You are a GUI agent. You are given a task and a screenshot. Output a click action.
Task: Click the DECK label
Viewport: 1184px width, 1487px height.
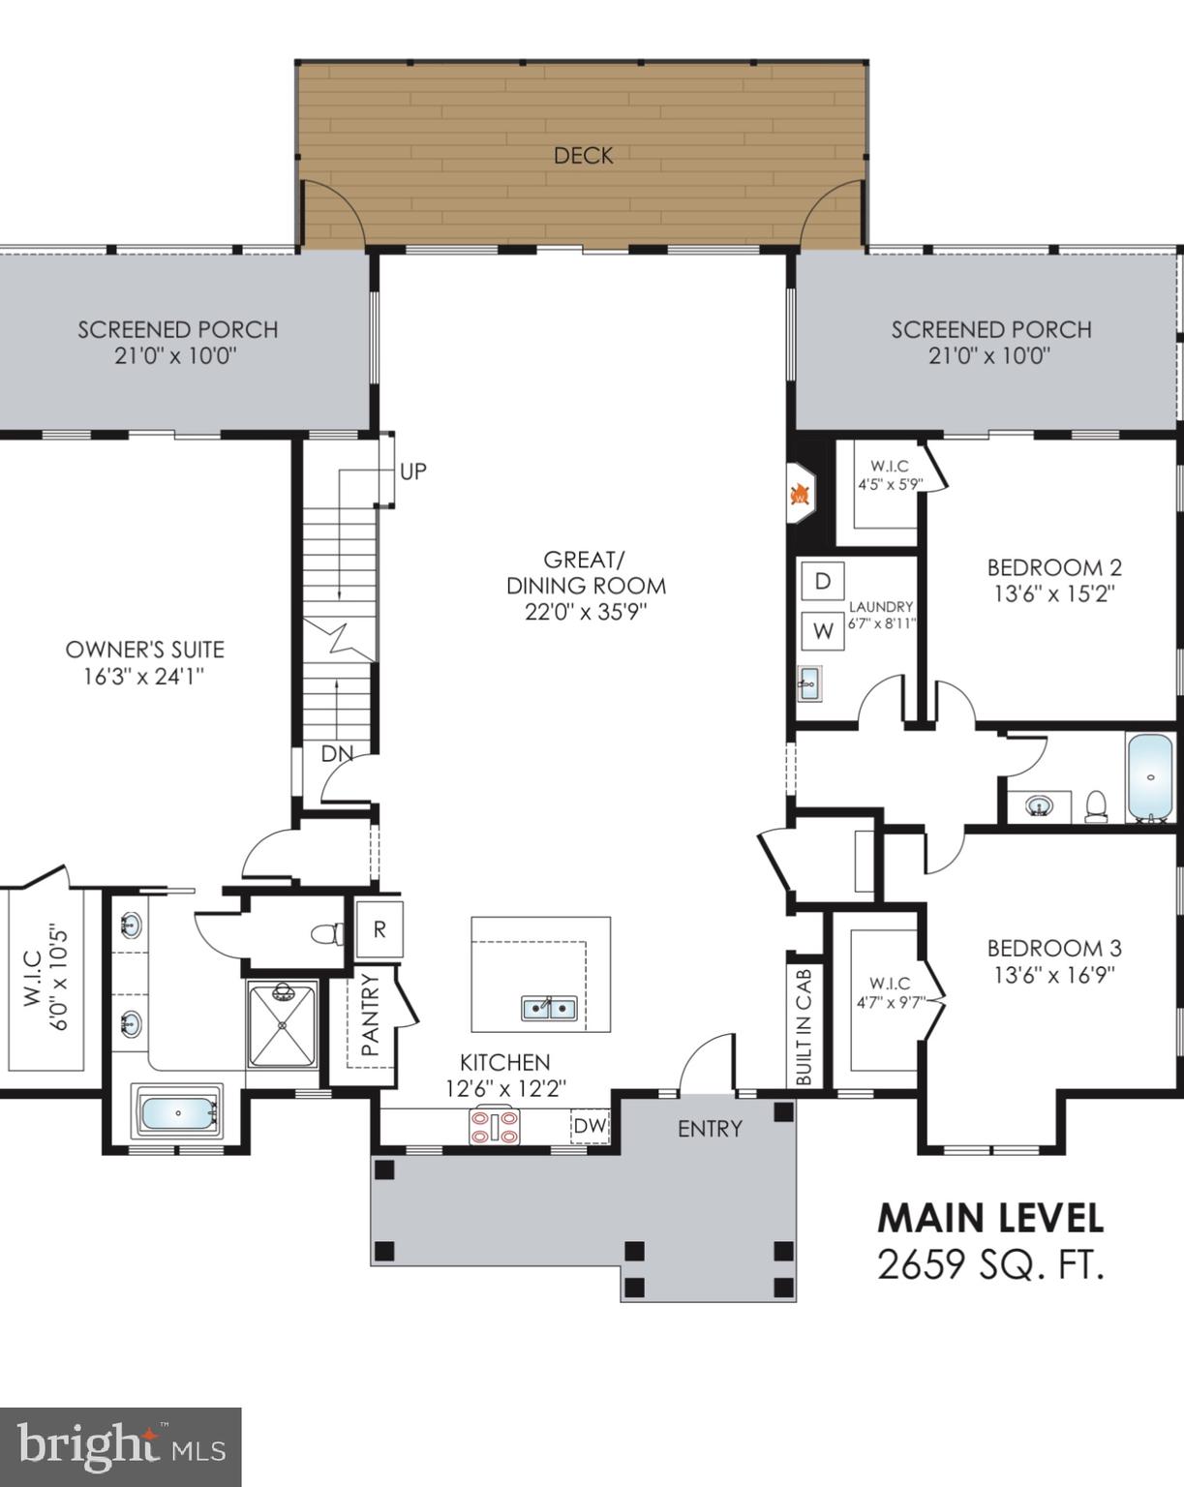tap(583, 155)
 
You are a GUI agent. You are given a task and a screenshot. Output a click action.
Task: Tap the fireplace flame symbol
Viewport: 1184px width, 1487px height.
tap(800, 494)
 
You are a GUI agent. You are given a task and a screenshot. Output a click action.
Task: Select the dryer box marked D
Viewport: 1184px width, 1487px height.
tap(823, 581)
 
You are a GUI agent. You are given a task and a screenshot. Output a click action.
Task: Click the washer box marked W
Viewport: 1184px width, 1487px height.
tap(823, 631)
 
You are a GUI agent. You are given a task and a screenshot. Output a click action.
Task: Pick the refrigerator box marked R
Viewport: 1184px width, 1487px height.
tap(379, 929)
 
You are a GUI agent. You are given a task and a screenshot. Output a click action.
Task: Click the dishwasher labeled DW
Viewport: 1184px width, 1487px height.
tap(590, 1126)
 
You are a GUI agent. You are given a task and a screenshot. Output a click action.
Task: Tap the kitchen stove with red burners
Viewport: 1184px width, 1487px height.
tap(494, 1126)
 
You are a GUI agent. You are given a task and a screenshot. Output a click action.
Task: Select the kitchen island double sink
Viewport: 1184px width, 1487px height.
tap(549, 1008)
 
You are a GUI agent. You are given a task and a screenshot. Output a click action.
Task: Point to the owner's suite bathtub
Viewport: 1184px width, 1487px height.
tap(178, 1114)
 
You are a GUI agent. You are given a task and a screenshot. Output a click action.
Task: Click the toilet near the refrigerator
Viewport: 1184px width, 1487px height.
tap(327, 934)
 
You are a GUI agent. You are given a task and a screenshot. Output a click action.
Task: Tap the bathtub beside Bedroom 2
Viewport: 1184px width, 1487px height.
tap(1150, 777)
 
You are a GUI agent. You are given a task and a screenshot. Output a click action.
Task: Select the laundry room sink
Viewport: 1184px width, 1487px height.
tap(808, 683)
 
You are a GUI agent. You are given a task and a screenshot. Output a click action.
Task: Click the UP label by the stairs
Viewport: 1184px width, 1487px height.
tap(413, 472)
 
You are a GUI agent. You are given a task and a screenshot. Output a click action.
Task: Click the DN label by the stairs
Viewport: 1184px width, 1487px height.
tap(336, 753)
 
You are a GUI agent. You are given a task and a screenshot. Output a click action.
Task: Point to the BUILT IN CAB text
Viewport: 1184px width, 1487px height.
tap(805, 1026)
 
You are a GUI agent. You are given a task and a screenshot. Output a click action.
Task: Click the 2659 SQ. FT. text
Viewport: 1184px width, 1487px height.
tap(989, 1264)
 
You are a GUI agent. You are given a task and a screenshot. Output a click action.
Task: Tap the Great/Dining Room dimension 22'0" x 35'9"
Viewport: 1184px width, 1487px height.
tap(586, 612)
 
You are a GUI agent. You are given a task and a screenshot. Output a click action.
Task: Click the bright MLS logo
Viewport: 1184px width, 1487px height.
tap(120, 1447)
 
